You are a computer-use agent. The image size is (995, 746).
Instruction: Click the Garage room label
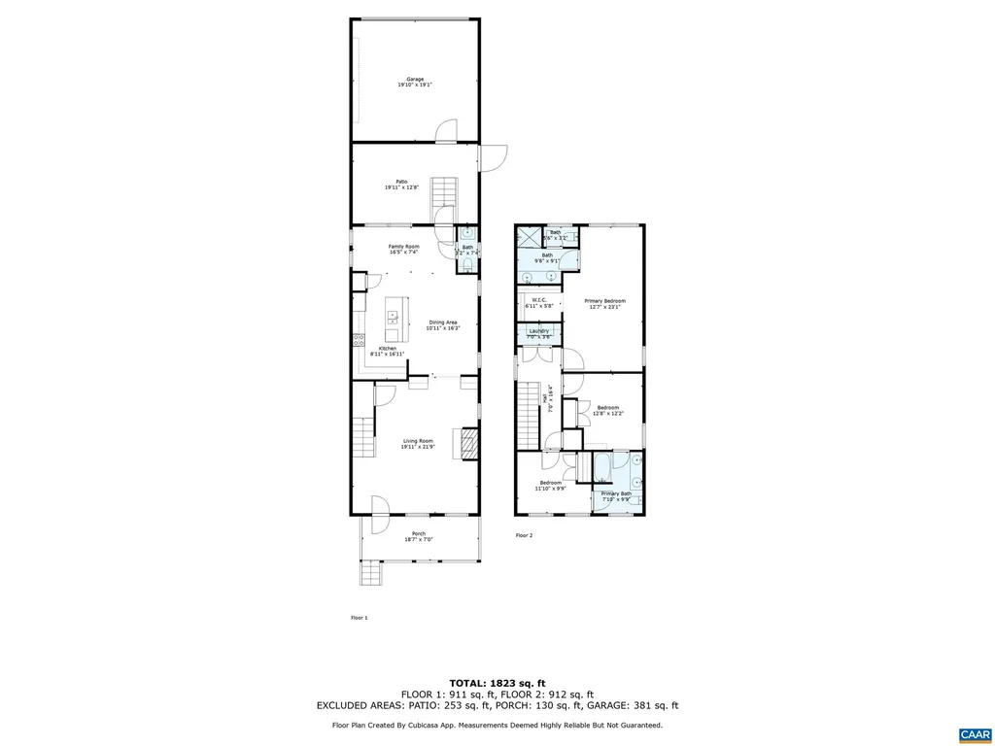tap(415, 83)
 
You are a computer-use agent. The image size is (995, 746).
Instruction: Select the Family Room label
tap(404, 249)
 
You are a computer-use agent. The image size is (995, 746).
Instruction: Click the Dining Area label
tap(442, 324)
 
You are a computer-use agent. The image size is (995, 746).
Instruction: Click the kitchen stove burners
tap(358, 340)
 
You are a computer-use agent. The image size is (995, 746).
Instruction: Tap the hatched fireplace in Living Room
tap(469, 444)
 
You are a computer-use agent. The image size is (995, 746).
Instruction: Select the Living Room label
tap(418, 444)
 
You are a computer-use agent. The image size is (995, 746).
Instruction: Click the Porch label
tap(419, 535)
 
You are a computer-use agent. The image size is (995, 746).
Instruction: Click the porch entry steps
tap(372, 575)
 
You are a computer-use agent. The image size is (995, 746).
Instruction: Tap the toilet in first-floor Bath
tap(467, 263)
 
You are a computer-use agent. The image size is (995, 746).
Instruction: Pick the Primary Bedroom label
tap(604, 304)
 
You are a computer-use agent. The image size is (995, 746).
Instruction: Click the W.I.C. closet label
tap(539, 302)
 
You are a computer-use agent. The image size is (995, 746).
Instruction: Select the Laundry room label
tap(538, 334)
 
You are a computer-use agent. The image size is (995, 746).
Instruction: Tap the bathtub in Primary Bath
tap(602, 467)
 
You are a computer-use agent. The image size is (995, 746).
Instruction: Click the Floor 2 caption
tap(524, 535)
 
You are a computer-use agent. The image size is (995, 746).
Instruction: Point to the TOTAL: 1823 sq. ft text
tap(497, 682)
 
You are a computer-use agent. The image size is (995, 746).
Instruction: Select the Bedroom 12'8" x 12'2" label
tap(608, 410)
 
